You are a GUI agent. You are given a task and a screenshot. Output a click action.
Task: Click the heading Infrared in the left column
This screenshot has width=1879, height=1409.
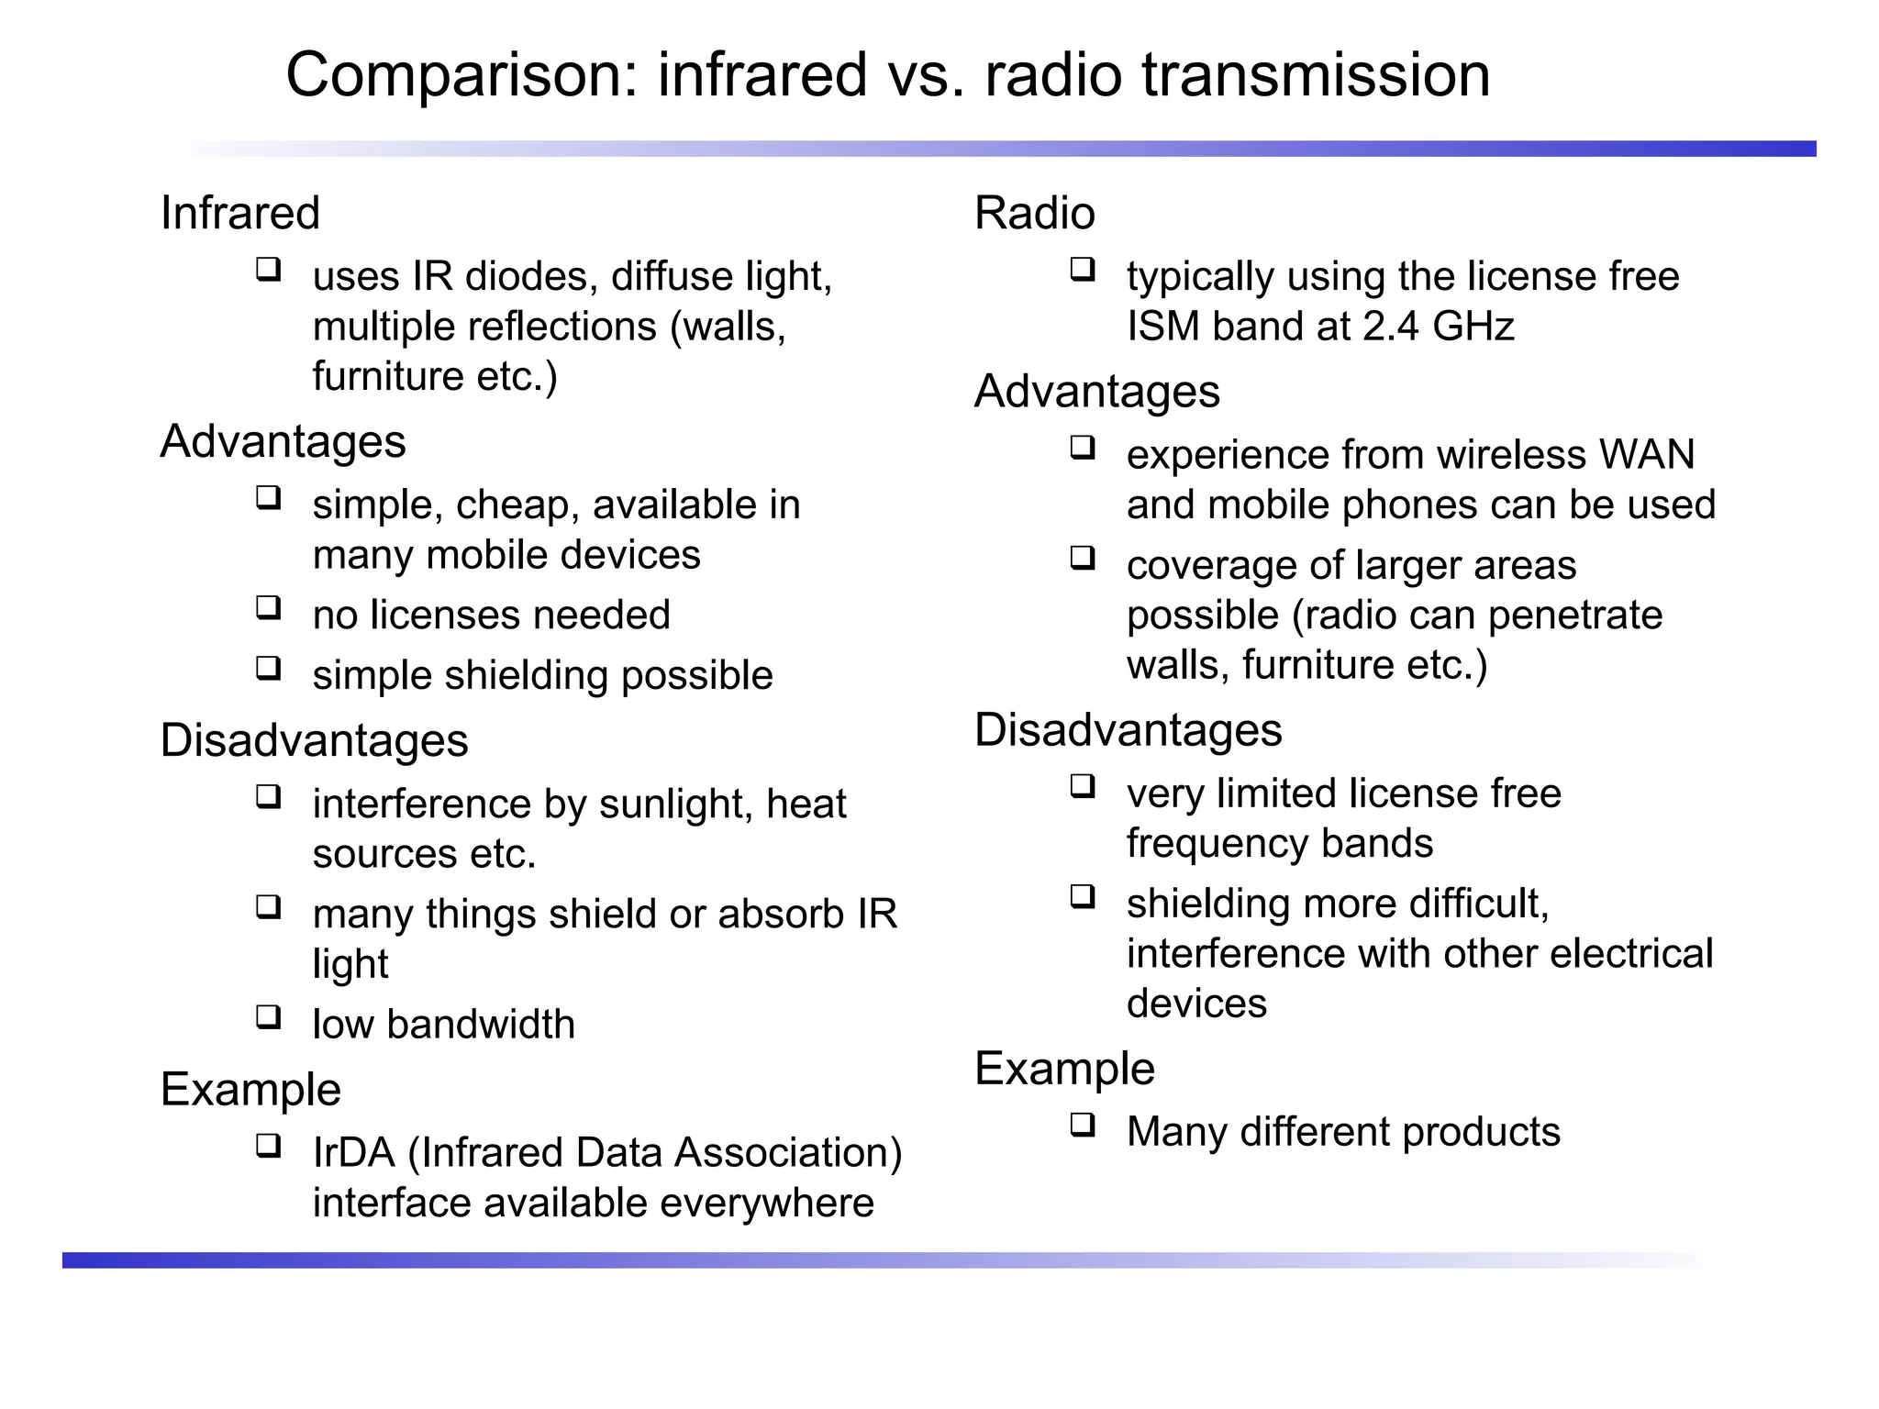point(239,214)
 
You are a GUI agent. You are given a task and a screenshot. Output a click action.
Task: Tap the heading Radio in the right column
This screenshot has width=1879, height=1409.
point(1034,214)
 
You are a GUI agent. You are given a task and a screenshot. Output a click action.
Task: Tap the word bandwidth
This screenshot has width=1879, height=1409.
point(481,1025)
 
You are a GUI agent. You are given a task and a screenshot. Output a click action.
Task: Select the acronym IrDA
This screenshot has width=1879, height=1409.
point(354,1153)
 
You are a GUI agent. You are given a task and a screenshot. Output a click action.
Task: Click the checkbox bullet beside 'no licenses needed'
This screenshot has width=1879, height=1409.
point(268,607)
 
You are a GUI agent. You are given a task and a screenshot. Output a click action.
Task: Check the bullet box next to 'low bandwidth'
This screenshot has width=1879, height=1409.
point(268,1016)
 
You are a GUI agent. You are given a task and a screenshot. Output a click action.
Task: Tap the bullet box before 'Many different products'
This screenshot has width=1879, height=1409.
point(1083,1125)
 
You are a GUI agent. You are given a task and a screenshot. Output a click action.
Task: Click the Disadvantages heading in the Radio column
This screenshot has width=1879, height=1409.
point(1128,731)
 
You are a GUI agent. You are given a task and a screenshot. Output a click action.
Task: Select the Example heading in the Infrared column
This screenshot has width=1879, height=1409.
point(250,1090)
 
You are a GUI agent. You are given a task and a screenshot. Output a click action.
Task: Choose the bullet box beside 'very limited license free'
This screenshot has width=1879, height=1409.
point(1083,786)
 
